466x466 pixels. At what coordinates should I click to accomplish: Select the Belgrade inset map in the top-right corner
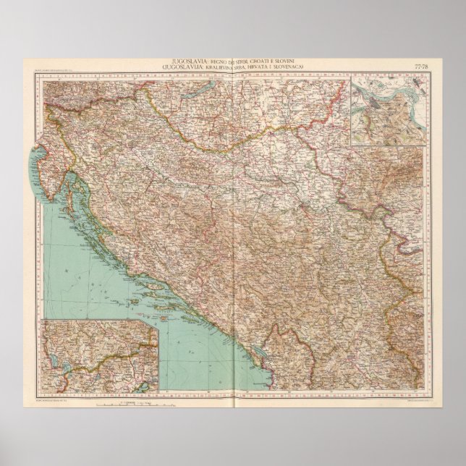click(386, 109)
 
